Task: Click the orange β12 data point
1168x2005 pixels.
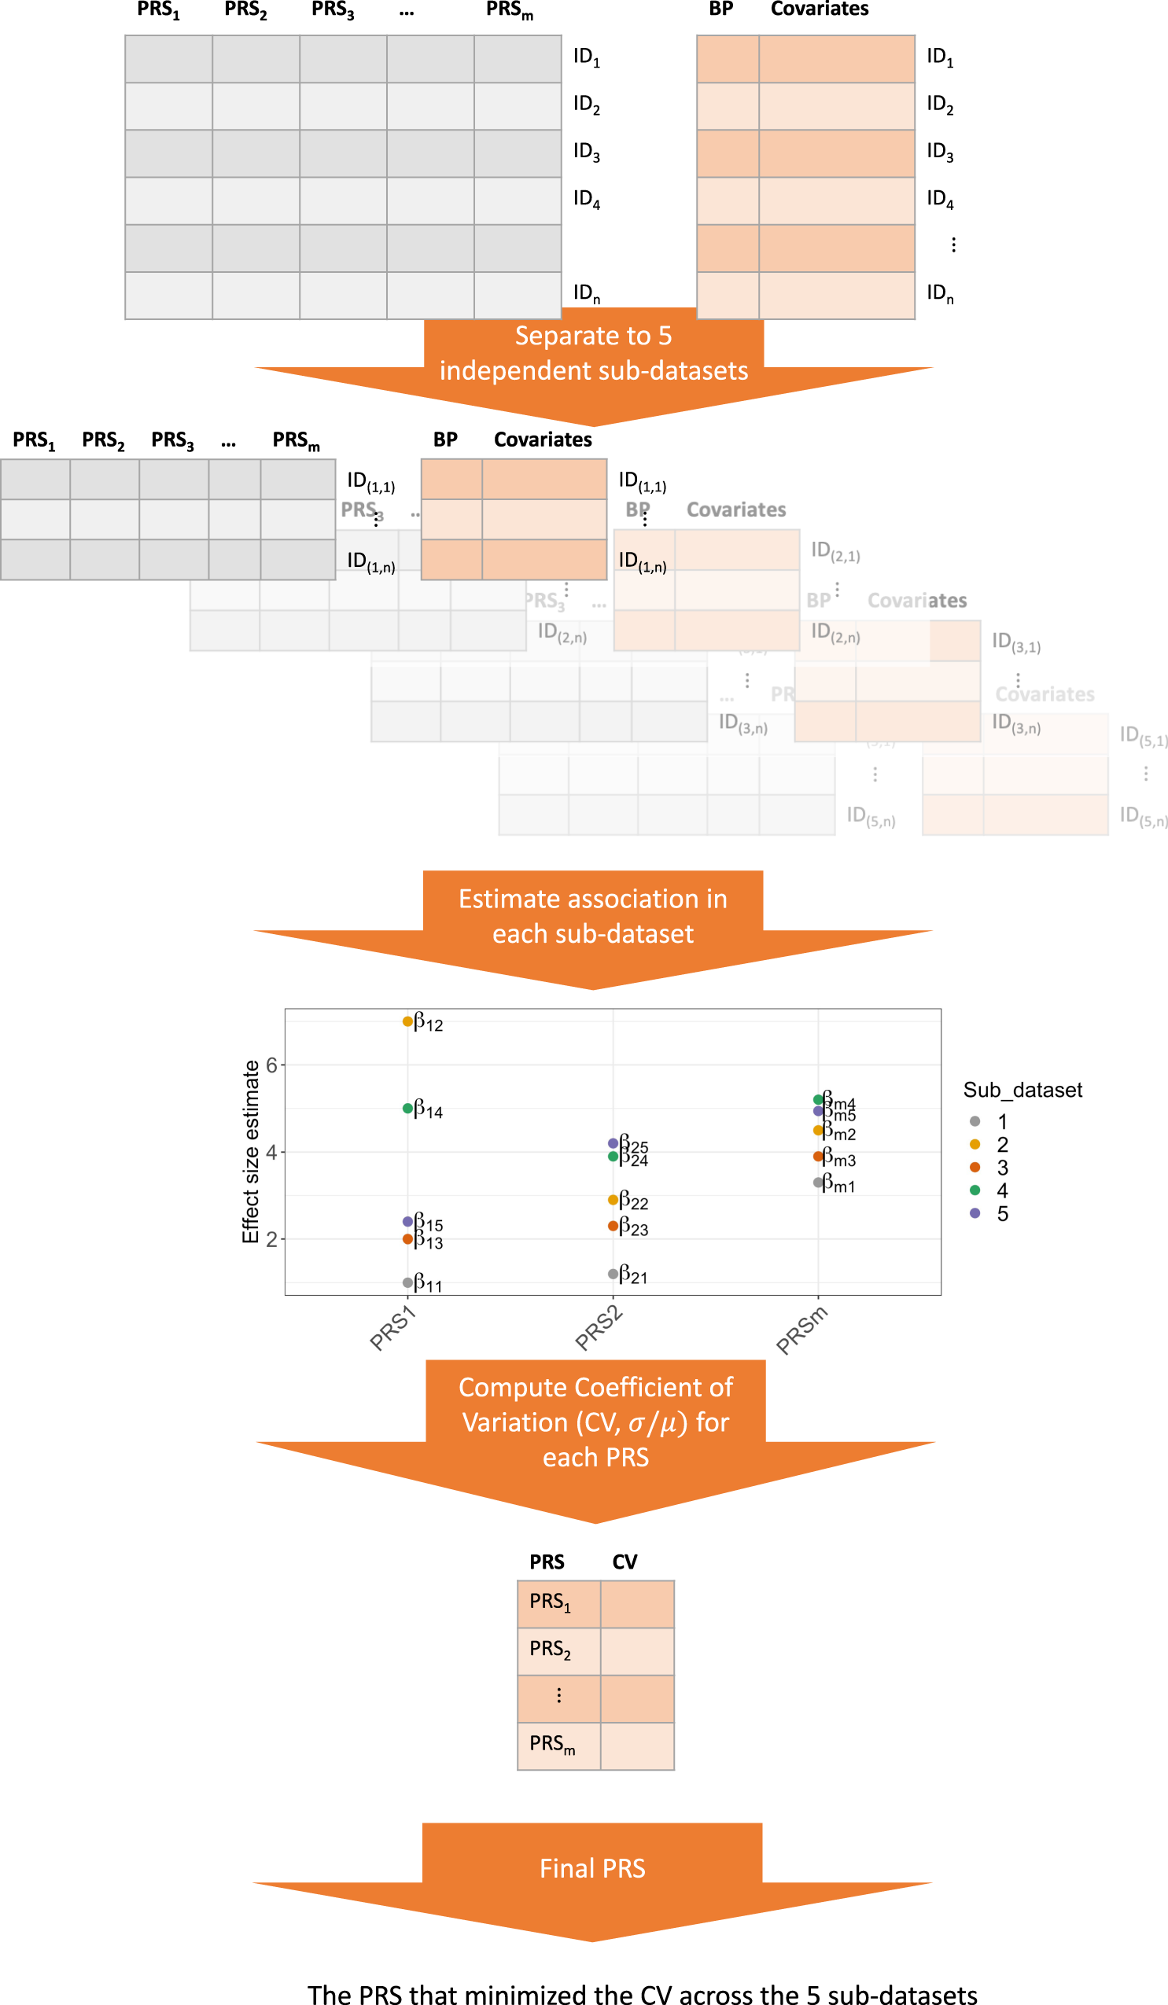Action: tap(407, 1021)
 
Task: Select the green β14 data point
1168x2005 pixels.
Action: tap(407, 1108)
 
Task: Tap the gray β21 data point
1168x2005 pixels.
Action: tap(613, 1274)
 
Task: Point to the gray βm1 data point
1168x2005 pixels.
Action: tap(818, 1183)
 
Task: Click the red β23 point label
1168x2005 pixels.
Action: tap(633, 1227)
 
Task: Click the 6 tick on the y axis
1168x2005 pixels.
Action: tap(271, 1065)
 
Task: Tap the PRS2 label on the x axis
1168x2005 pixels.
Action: tap(599, 1329)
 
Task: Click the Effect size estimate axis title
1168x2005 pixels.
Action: tap(251, 1151)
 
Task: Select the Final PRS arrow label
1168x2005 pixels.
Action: tap(592, 1867)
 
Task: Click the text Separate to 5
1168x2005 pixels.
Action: tap(593, 336)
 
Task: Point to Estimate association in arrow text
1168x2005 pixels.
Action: tap(593, 898)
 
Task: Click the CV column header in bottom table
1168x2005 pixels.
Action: tap(625, 1561)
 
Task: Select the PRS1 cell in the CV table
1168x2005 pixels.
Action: tap(550, 1602)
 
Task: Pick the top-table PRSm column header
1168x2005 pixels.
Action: tap(509, 10)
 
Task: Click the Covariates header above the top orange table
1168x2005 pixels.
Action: tap(819, 9)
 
